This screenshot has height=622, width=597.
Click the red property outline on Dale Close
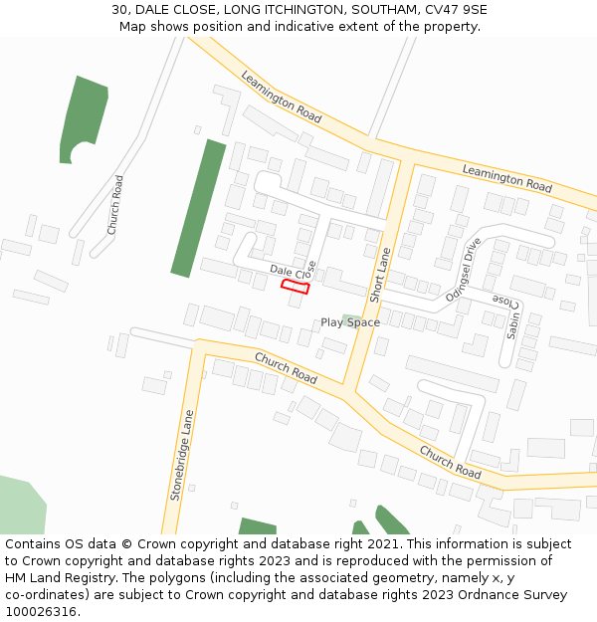pyautogui.click(x=295, y=287)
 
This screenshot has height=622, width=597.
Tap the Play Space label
pyautogui.click(x=349, y=322)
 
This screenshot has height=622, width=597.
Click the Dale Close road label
pyautogui.click(x=293, y=271)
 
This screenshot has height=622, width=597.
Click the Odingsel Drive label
pyautogui.click(x=464, y=270)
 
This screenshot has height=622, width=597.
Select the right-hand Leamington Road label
pyautogui.click(x=506, y=179)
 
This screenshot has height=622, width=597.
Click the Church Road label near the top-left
pyautogui.click(x=116, y=205)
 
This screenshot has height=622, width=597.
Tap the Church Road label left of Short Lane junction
pyautogui.click(x=286, y=368)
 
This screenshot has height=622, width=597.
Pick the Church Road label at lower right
pyautogui.click(x=450, y=462)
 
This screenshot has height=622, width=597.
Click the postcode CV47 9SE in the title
pyautogui.click(x=457, y=10)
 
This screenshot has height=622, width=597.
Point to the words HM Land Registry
pyautogui.click(x=47, y=577)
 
